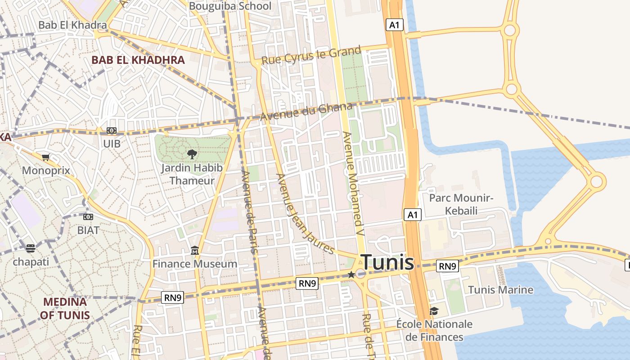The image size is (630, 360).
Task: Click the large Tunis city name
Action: click(387, 262)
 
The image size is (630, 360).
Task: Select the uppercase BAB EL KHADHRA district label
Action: click(138, 60)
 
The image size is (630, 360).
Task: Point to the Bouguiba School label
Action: click(230, 6)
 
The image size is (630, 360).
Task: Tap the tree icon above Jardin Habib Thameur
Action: click(192, 154)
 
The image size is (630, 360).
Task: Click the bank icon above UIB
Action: click(111, 130)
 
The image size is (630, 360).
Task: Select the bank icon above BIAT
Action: click(88, 217)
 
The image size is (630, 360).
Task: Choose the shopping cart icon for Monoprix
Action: click(45, 157)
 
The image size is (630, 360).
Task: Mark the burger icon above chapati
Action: click(31, 248)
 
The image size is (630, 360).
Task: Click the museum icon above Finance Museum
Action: click(195, 250)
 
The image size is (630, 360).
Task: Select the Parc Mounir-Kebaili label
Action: click(461, 204)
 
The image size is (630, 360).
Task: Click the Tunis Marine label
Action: click(500, 289)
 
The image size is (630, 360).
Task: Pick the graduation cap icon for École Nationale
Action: click(434, 311)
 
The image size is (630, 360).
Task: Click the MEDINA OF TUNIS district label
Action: click(65, 308)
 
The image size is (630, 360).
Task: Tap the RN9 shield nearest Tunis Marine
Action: click(447, 266)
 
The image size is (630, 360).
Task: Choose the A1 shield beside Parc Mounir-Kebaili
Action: click(413, 215)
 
